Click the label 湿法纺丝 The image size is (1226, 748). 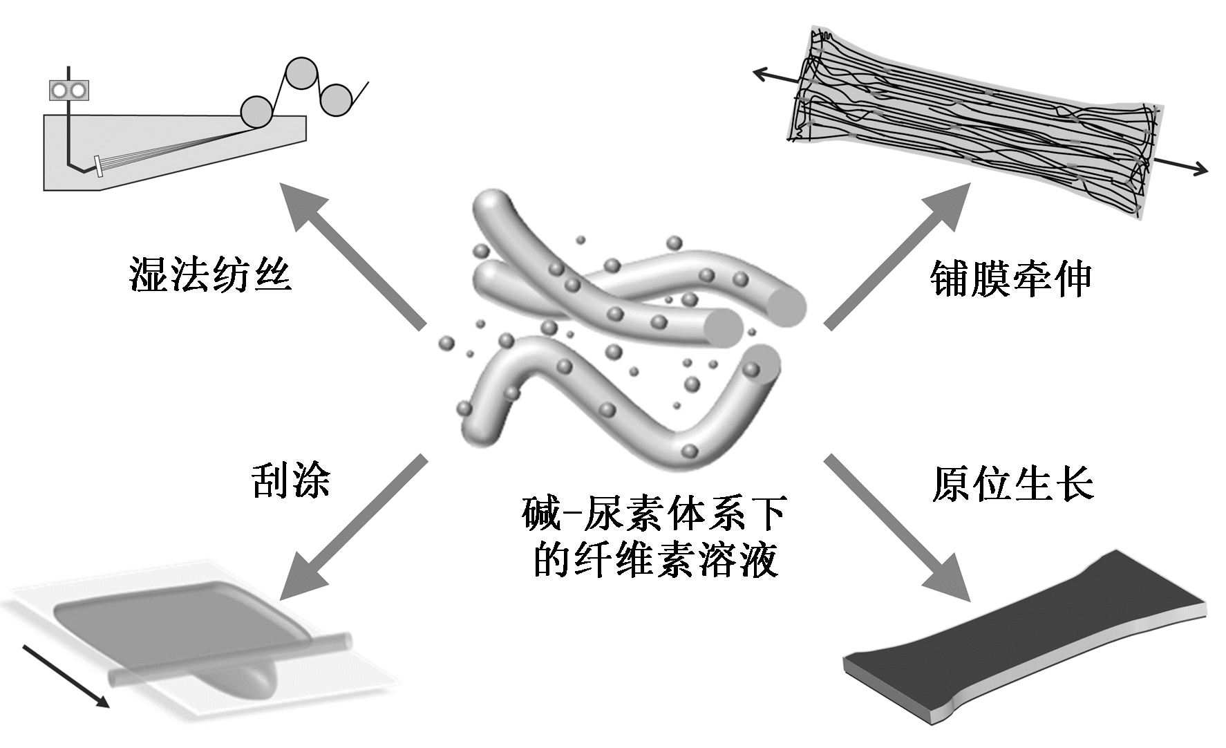(209, 275)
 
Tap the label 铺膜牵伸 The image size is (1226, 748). (1010, 280)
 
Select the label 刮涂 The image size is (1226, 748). (290, 480)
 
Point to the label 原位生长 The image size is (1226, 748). (1012, 483)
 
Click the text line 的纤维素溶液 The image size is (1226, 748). (656, 559)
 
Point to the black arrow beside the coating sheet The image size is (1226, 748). (66, 675)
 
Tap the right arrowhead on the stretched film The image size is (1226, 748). (1200, 169)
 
